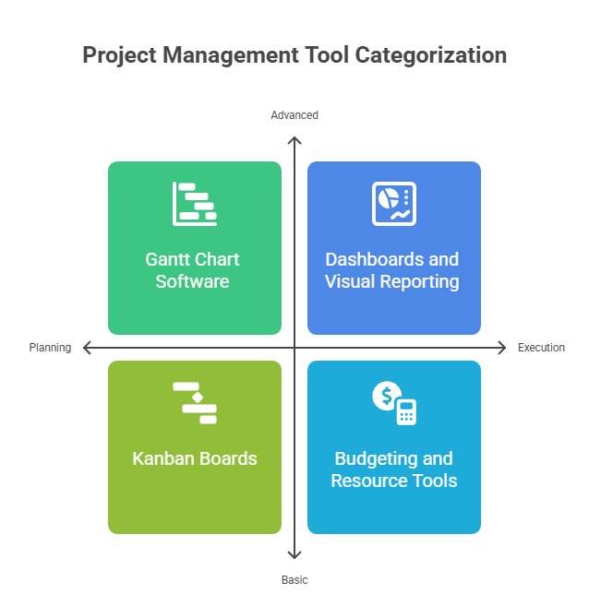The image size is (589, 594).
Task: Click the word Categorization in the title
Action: point(431,55)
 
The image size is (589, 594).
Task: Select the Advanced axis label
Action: point(294,115)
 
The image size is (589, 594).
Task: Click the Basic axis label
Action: point(294,579)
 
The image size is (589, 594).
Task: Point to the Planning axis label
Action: point(50,348)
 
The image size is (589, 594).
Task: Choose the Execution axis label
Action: point(541,348)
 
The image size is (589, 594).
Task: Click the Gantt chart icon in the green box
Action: point(195,204)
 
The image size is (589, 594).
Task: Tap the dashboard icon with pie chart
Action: point(394,204)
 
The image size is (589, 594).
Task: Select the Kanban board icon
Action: point(195,403)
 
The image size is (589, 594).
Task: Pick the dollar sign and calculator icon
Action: point(394,403)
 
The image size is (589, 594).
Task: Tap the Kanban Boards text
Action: point(195,458)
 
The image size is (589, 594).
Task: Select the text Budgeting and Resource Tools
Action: point(394,469)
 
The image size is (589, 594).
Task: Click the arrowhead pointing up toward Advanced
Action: point(294,140)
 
